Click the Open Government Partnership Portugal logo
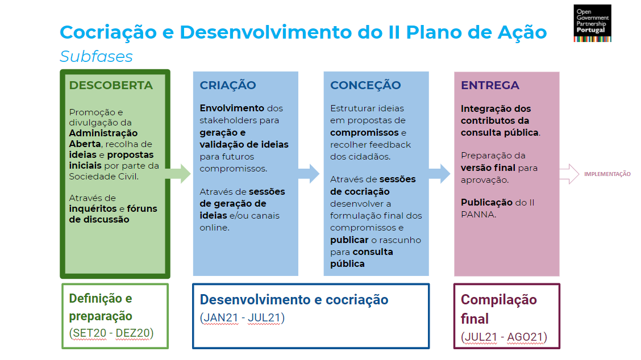pos(592,23)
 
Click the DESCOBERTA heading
pos(111,86)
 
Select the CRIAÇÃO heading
pos(227,86)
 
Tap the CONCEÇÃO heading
pos(365,86)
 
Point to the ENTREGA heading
pos(490,86)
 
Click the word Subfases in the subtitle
pos(96,57)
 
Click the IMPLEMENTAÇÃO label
pos(607,174)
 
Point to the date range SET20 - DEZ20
pos(111,333)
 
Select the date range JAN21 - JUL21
pos(242,318)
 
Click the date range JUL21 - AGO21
pos(503,337)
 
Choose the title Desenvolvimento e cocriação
pos(294,300)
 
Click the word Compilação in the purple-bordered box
pos(498,300)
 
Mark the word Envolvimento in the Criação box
pos(232,108)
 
